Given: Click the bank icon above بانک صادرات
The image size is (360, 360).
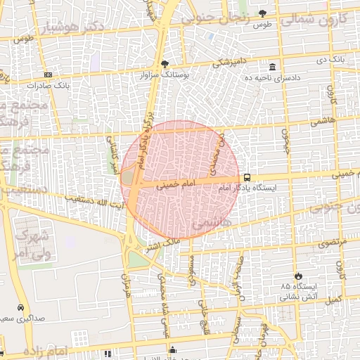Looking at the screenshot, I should click(x=47, y=75).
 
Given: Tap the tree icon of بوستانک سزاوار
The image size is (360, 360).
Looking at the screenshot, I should click(x=165, y=64).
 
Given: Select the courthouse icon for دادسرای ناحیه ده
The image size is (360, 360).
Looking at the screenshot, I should click(x=273, y=66).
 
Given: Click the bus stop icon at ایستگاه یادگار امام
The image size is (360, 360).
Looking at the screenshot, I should click(x=247, y=178).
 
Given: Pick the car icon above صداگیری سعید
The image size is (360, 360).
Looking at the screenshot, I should click(x=20, y=308).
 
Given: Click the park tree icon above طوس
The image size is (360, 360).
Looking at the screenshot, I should click(x=263, y=13).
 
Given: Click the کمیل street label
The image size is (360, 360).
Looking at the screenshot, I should click(x=334, y=298).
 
